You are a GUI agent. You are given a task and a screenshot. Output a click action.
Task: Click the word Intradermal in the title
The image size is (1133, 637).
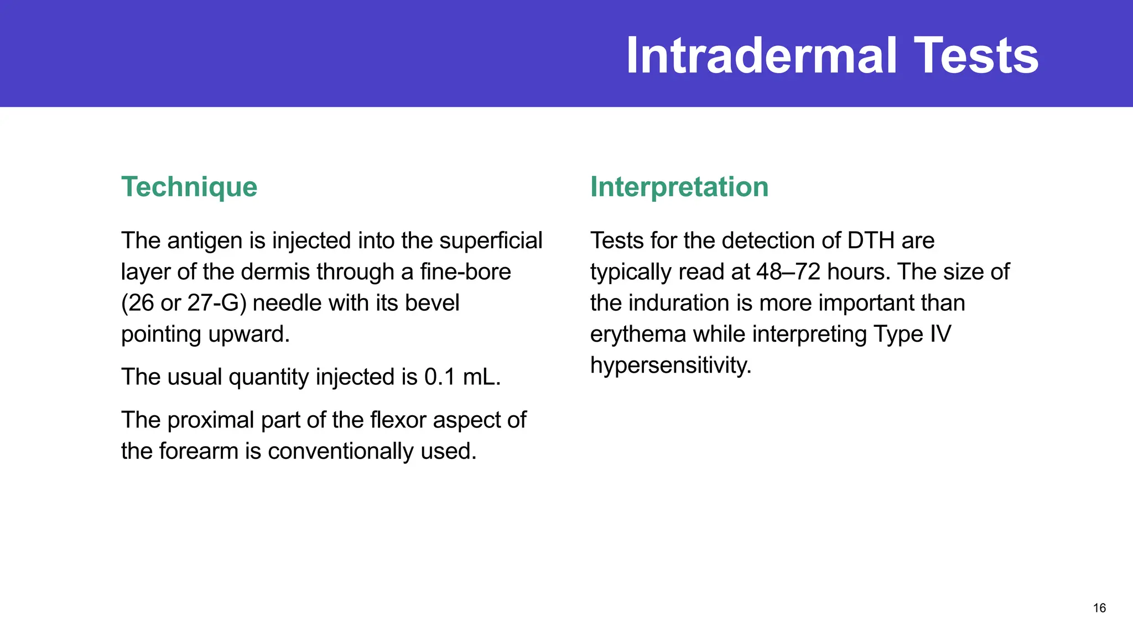761,55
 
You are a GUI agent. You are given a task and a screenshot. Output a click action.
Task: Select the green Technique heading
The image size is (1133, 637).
189,187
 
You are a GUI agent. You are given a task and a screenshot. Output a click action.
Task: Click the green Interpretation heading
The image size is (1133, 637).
679,187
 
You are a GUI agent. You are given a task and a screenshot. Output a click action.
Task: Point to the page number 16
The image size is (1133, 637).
1099,608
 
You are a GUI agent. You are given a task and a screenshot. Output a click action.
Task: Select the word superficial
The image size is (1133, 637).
491,241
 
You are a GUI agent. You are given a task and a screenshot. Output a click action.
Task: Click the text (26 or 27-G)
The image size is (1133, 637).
184,303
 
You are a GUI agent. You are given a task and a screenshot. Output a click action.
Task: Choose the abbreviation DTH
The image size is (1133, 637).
871,241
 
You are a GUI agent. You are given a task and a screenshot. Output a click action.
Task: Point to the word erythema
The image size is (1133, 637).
638,335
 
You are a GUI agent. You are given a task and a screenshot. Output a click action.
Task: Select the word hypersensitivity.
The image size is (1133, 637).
671,366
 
